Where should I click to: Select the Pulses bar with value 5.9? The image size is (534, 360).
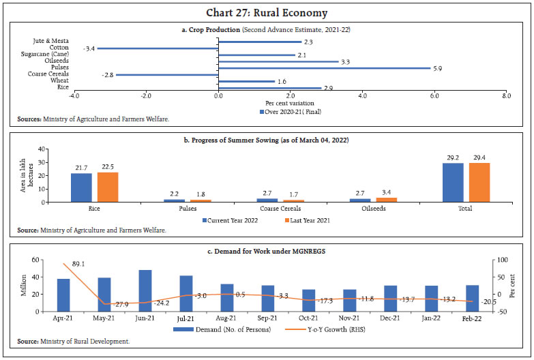pyautogui.click(x=324, y=68)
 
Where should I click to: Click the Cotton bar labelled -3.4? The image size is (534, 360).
pyautogui.click(x=157, y=48)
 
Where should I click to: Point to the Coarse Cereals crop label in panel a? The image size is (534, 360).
pyautogui.click(x=48, y=74)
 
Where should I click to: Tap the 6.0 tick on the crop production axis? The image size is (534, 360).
pyautogui.click(x=434, y=96)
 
